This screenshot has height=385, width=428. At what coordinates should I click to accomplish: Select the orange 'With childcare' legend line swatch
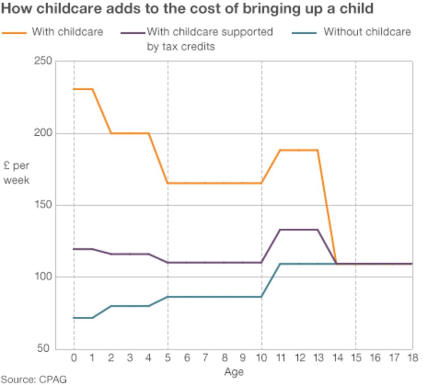pyautogui.click(x=14, y=32)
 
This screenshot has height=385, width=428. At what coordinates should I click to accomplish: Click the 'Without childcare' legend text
pyautogui.click(x=367, y=32)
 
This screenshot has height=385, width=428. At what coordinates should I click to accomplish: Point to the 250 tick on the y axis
pyautogui.click(x=43, y=61)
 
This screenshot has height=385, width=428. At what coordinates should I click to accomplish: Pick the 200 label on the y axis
pyautogui.click(x=43, y=133)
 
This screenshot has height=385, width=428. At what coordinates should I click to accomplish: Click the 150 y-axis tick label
pyautogui.click(x=43, y=205)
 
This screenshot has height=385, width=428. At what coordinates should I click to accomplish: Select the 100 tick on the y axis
pyautogui.click(x=43, y=277)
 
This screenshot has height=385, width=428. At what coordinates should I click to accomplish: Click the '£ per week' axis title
pyautogui.click(x=17, y=173)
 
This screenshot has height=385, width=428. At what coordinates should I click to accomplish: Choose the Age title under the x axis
pyautogui.click(x=234, y=372)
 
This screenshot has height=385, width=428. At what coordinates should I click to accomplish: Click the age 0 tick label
pyautogui.click(x=74, y=358)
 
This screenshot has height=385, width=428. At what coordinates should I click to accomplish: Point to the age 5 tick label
pyautogui.click(x=168, y=358)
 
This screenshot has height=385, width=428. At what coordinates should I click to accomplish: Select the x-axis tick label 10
pyautogui.click(x=262, y=358)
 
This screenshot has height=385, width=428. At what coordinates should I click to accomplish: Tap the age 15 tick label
pyautogui.click(x=356, y=358)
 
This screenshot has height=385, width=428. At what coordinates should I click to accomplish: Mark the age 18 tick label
pyautogui.click(x=412, y=358)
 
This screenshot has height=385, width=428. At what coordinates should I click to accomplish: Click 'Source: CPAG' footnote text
pyautogui.click(x=34, y=379)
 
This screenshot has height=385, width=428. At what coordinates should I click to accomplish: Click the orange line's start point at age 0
pyautogui.click(x=74, y=89)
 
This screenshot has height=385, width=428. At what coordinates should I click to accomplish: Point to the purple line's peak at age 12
pyautogui.click(x=299, y=230)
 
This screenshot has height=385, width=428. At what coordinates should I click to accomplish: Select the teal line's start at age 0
pyautogui.click(x=74, y=318)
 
